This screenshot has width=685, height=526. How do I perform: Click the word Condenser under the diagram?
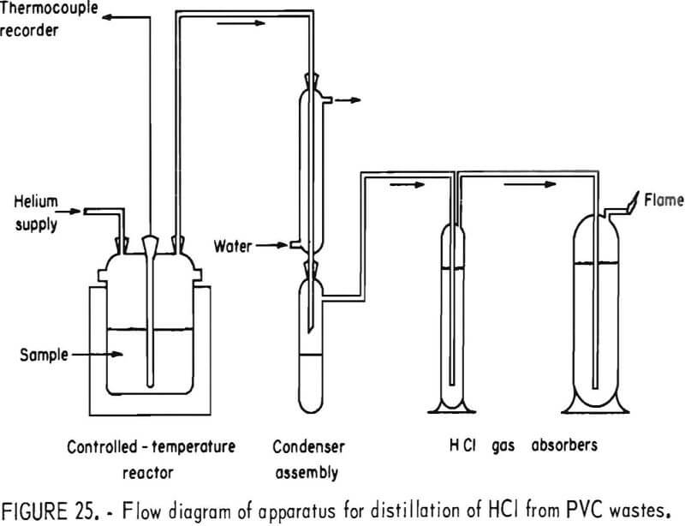(x=301, y=446)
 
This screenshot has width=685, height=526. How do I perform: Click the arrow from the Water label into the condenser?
(x=277, y=247)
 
